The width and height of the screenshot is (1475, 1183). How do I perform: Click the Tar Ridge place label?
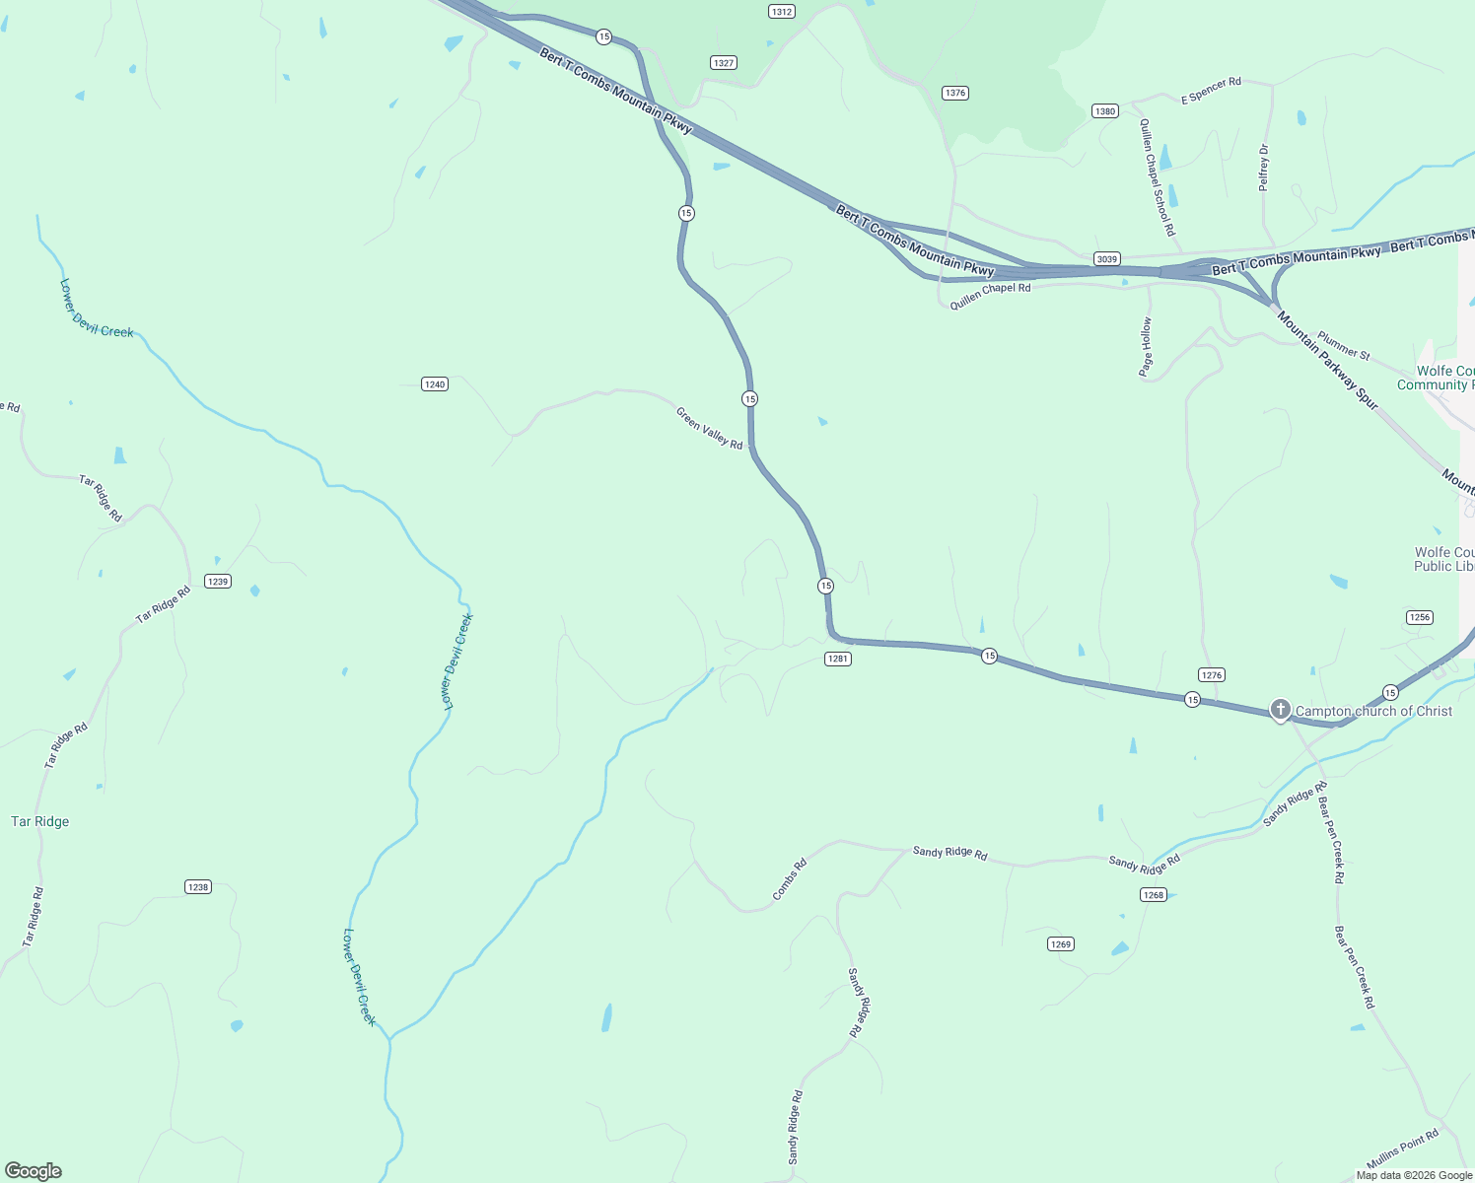pyautogui.click(x=39, y=821)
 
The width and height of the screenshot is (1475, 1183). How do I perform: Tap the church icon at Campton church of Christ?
pyautogui.click(x=1280, y=709)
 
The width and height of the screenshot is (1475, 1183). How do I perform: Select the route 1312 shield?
pyautogui.click(x=781, y=12)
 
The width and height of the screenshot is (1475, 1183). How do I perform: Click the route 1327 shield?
pyautogui.click(x=724, y=63)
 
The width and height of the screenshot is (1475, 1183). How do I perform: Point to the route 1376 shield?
pyautogui.click(x=954, y=93)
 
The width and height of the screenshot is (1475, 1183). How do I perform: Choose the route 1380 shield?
pyautogui.click(x=1104, y=111)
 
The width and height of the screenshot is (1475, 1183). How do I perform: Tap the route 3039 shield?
pyautogui.click(x=1106, y=259)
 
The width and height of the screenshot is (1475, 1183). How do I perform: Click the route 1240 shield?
pyautogui.click(x=435, y=384)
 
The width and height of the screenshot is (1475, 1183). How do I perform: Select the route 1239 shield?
pyautogui.click(x=218, y=582)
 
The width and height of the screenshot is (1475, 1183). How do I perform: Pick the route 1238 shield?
pyautogui.click(x=198, y=887)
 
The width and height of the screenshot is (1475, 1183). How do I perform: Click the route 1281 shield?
pyautogui.click(x=837, y=659)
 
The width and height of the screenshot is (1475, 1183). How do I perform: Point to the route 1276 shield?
pyautogui.click(x=1211, y=675)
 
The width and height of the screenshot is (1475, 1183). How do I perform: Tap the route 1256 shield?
pyautogui.click(x=1419, y=617)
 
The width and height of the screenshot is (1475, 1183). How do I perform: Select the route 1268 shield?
pyautogui.click(x=1153, y=895)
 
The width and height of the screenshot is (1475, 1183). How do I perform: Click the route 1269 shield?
pyautogui.click(x=1060, y=944)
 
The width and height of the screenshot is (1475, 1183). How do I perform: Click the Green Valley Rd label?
pyautogui.click(x=709, y=428)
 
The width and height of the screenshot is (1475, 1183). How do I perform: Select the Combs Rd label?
pyautogui.click(x=790, y=878)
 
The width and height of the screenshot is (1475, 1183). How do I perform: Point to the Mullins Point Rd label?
pyautogui.click(x=1402, y=1149)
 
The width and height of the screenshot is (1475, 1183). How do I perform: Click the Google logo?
pyautogui.click(x=34, y=1171)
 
